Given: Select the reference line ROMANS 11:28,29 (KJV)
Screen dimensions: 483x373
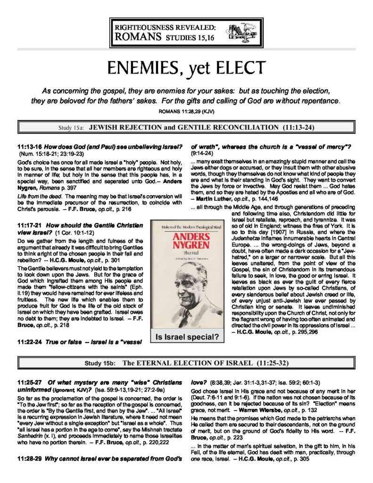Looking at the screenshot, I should (x=186, y=112).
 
